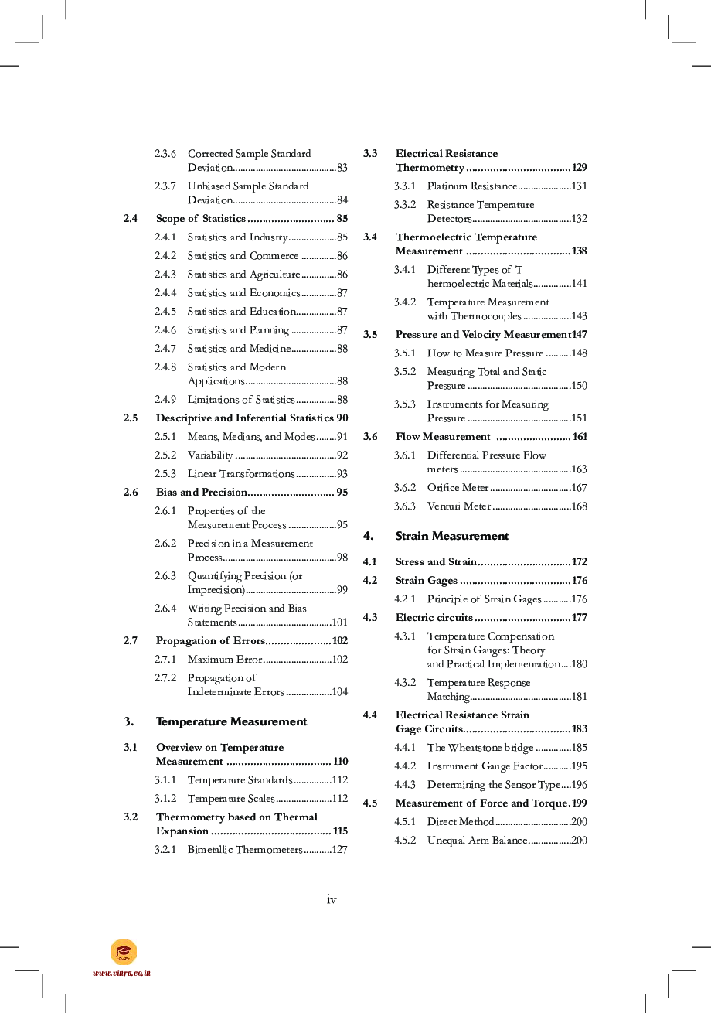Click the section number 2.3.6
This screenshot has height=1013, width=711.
coord(165,154)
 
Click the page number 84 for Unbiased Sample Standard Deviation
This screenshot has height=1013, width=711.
coord(342,200)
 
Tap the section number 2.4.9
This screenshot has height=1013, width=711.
coord(165,400)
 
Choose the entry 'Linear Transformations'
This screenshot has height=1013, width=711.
coord(241,474)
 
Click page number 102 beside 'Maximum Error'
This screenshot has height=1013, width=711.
coord(339,660)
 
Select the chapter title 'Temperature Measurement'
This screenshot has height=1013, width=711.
coord(231,721)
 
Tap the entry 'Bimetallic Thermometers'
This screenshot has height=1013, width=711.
coord(245,850)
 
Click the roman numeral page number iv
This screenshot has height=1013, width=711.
coord(332,899)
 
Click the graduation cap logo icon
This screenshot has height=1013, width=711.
coord(124,952)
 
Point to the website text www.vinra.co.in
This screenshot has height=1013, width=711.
coord(121,973)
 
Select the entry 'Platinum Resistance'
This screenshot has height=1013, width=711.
coord(471,186)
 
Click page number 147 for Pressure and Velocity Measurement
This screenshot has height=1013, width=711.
coord(579,335)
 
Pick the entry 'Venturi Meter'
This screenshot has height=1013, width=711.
coord(458,507)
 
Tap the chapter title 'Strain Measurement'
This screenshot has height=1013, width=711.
coord(451,536)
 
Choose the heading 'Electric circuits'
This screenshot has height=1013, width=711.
coord(434,618)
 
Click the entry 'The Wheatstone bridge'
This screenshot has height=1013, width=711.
coord(480,748)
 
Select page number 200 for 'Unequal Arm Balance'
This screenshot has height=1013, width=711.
coord(579,841)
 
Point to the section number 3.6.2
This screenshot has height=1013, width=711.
coord(404,488)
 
